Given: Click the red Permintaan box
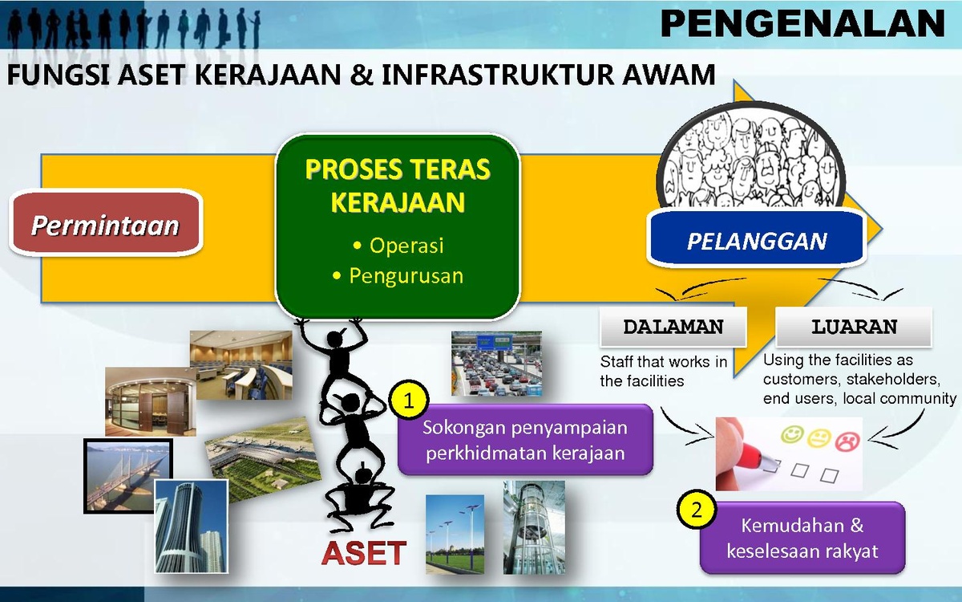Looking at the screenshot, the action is coord(106,223).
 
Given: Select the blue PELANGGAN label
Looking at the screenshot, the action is coord(756,238).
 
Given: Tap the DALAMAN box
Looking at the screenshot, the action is coord(673,327).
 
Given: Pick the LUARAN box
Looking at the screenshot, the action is coord(854,327).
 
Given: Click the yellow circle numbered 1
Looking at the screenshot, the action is coord(408,401).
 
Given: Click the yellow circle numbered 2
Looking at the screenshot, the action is coord(696,510).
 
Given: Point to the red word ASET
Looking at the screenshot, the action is coord(363,552).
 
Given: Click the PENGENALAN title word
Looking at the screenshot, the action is coord(802,23).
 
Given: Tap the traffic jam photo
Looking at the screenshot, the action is coord(496,364).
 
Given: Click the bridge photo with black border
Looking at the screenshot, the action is coord(128,476).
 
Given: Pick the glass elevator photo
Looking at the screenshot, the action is coord(534,527).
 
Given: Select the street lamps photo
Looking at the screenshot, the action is coord(455,534).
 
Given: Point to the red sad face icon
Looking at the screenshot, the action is coord(847,441).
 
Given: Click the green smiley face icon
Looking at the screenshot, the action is coord(792,435).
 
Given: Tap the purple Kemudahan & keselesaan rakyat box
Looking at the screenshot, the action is coord(802,538).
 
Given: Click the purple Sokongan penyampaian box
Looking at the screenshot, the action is coord(525,440).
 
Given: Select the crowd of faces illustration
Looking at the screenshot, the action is coord(750,157).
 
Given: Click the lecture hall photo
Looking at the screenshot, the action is coord(241,364).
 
